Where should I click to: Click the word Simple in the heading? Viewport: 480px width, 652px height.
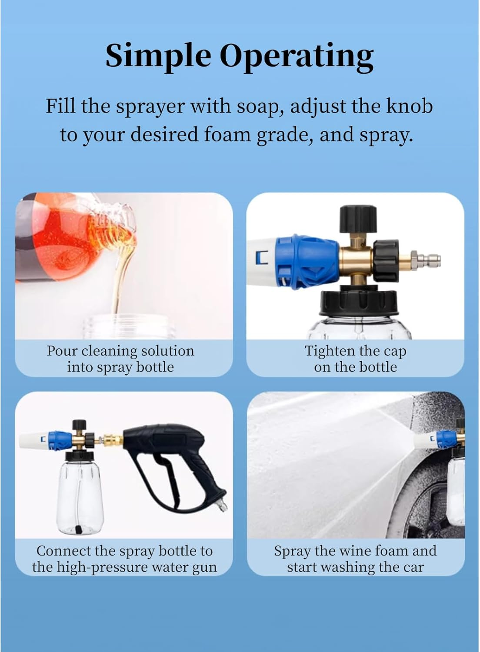(x=158, y=56)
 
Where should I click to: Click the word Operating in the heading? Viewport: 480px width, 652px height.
(x=296, y=57)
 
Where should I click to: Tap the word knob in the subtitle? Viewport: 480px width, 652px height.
(x=409, y=106)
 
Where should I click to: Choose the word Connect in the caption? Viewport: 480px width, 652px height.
(x=63, y=551)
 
